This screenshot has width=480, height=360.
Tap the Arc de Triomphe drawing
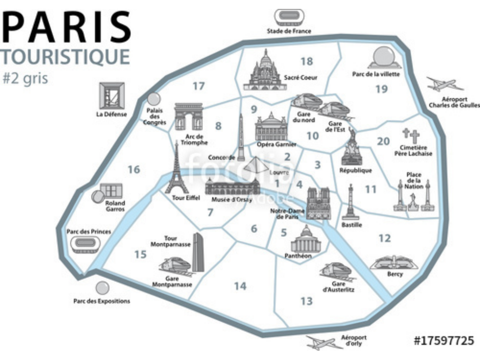click(188, 117)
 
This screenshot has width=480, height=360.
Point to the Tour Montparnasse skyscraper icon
click(198, 252)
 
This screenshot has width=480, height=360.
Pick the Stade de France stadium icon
click(289, 17)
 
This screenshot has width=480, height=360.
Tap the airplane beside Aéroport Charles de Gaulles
click(443, 85)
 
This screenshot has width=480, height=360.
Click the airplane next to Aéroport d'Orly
click(323, 343)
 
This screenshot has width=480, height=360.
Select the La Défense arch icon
click(112, 96)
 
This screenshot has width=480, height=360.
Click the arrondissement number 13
click(307, 301)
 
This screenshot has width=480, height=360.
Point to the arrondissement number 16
click(134, 169)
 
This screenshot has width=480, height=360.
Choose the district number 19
click(382, 89)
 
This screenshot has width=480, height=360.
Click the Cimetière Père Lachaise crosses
click(411, 135)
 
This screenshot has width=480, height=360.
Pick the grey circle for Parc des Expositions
click(102, 288)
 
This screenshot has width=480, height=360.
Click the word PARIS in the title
click(67, 28)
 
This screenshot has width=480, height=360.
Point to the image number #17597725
click(443, 340)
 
